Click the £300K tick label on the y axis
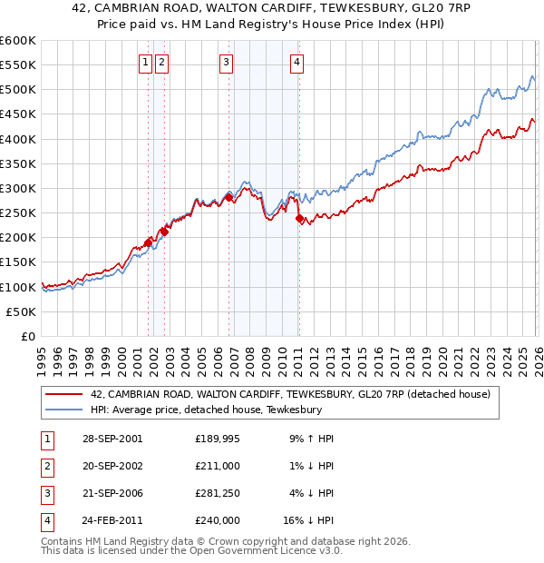18,189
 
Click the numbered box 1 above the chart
145,63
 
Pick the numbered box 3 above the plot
226,63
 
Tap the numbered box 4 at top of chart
296,63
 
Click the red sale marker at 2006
228,197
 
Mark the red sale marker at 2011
299,217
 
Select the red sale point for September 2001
149,242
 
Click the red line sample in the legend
64,394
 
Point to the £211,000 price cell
219,466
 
